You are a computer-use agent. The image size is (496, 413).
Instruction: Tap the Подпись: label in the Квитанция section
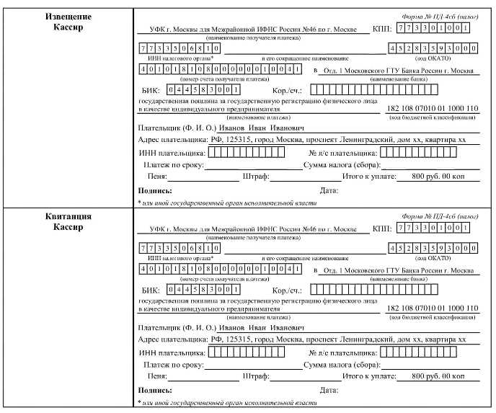[x=154, y=391]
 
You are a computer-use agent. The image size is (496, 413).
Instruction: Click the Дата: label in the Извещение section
[x=328, y=191]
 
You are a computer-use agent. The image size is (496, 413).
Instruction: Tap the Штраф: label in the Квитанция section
[x=257, y=376]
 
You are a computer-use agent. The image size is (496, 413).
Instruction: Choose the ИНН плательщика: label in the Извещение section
[x=171, y=153]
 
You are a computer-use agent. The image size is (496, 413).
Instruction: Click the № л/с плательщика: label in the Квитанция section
[x=342, y=353]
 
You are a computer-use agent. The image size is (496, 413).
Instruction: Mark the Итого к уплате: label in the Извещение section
[x=368, y=176]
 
